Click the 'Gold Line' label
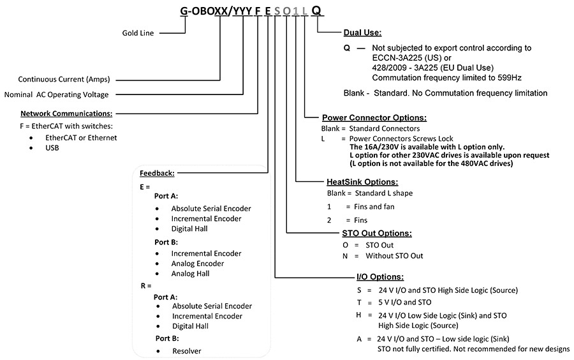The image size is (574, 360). pyautogui.click(x=138, y=33)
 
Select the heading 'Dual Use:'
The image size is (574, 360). pyautogui.click(x=362, y=33)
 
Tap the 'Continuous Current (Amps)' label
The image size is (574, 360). pyautogui.click(x=64, y=80)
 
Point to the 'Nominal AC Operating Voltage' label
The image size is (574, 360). pyautogui.click(x=56, y=94)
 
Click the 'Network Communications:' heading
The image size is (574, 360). pyautogui.click(x=66, y=114)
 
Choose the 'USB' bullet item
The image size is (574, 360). pyautogui.click(x=52, y=147)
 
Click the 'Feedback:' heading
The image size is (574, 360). pyautogui.click(x=157, y=173)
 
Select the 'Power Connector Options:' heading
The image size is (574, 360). pyautogui.click(x=374, y=117)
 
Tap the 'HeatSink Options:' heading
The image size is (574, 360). pyautogui.click(x=362, y=182)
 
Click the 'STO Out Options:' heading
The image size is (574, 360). pyautogui.click(x=377, y=233)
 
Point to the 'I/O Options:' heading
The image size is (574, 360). pyautogui.click(x=380, y=277)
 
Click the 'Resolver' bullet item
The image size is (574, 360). pyautogui.click(x=187, y=351)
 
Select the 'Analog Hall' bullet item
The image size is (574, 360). pyautogui.click(x=190, y=274)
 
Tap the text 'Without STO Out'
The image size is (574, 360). pyautogui.click(x=394, y=255)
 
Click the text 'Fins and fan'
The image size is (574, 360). pyautogui.click(x=374, y=207)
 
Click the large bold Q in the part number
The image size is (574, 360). pyautogui.click(x=316, y=10)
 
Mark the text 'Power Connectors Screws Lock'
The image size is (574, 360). pyautogui.click(x=401, y=139)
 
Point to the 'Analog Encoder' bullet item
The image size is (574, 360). pyautogui.click(x=198, y=264)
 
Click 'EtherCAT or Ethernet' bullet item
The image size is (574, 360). pyautogui.click(x=81, y=138)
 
